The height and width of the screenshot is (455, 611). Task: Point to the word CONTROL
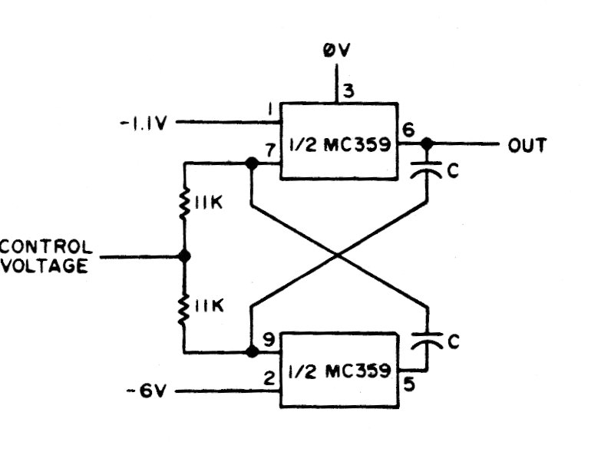point(47,247)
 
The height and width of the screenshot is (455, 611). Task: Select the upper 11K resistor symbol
point(184,205)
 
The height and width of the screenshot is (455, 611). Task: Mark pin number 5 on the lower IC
point(408,381)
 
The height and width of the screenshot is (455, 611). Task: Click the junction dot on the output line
point(427,143)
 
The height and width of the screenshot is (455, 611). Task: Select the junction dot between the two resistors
point(184,256)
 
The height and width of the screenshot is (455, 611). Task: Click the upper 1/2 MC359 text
point(338,143)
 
